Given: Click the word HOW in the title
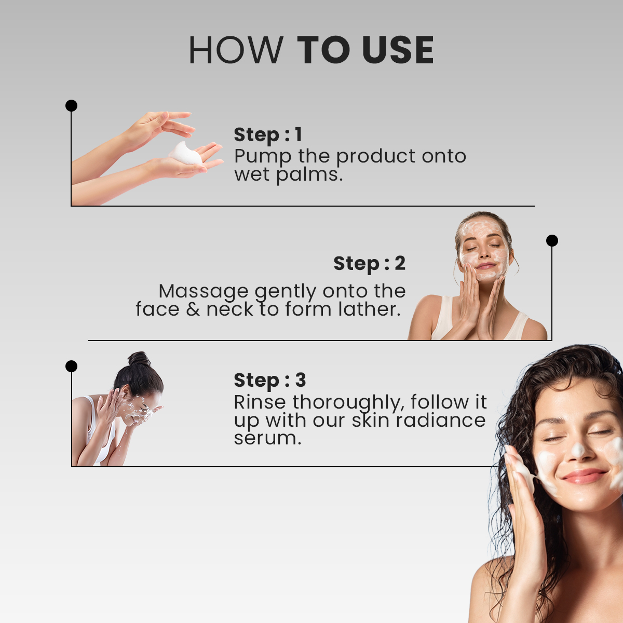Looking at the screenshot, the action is [x=236, y=50].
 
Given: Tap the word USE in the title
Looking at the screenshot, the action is [x=398, y=50].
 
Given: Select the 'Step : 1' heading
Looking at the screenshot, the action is [x=268, y=135].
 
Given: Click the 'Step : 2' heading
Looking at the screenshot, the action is [x=369, y=264].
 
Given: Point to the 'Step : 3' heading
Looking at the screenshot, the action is [x=269, y=380].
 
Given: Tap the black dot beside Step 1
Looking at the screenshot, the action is [x=71, y=106].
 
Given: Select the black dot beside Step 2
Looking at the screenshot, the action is [x=552, y=240].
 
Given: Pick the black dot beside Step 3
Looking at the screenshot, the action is [x=71, y=367].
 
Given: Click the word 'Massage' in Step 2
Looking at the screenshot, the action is [x=204, y=292].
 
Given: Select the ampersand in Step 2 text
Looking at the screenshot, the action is [x=193, y=309].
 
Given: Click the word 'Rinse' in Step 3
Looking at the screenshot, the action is [x=260, y=402].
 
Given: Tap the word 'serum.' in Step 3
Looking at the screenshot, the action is [x=267, y=439].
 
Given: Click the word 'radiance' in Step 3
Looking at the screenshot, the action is [x=441, y=421].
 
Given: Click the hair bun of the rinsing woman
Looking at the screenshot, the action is [x=139, y=359].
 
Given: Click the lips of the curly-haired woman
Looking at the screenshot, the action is [x=584, y=476].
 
